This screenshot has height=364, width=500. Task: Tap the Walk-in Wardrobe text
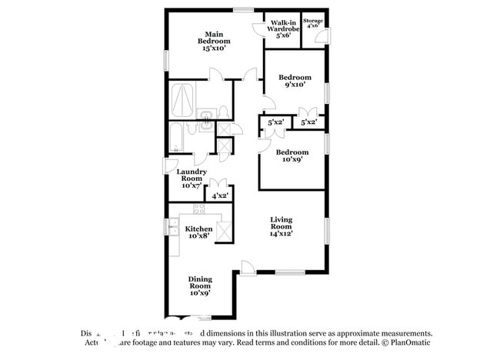coord(282,27)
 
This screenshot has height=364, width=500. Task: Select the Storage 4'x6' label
coord(312,22)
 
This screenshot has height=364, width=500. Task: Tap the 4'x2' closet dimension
coord(221,196)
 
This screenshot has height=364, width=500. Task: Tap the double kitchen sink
coord(173,228)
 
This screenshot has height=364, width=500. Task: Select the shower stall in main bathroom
coord(182,99)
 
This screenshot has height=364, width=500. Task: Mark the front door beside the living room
coord(247,267)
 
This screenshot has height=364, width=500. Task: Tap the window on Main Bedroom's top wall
coord(244,10)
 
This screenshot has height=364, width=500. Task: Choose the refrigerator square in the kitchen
coord(224,231)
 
